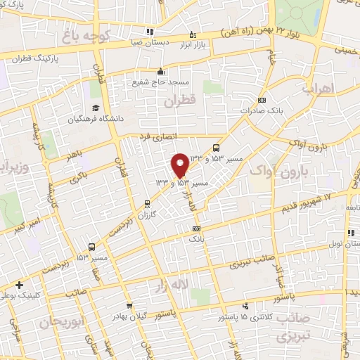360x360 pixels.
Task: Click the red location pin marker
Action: tap(180, 165)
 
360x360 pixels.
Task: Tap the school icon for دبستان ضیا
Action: tap(149, 32)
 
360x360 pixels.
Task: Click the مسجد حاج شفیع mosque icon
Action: tap(161, 71)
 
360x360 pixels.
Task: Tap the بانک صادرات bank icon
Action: tap(262, 100)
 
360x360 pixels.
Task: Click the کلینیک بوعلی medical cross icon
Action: tap(19, 285)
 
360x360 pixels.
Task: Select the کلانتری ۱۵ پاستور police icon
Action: tap(245, 306)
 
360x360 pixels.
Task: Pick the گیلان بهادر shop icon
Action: tap(130, 305)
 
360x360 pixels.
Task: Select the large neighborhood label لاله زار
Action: tap(172, 284)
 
